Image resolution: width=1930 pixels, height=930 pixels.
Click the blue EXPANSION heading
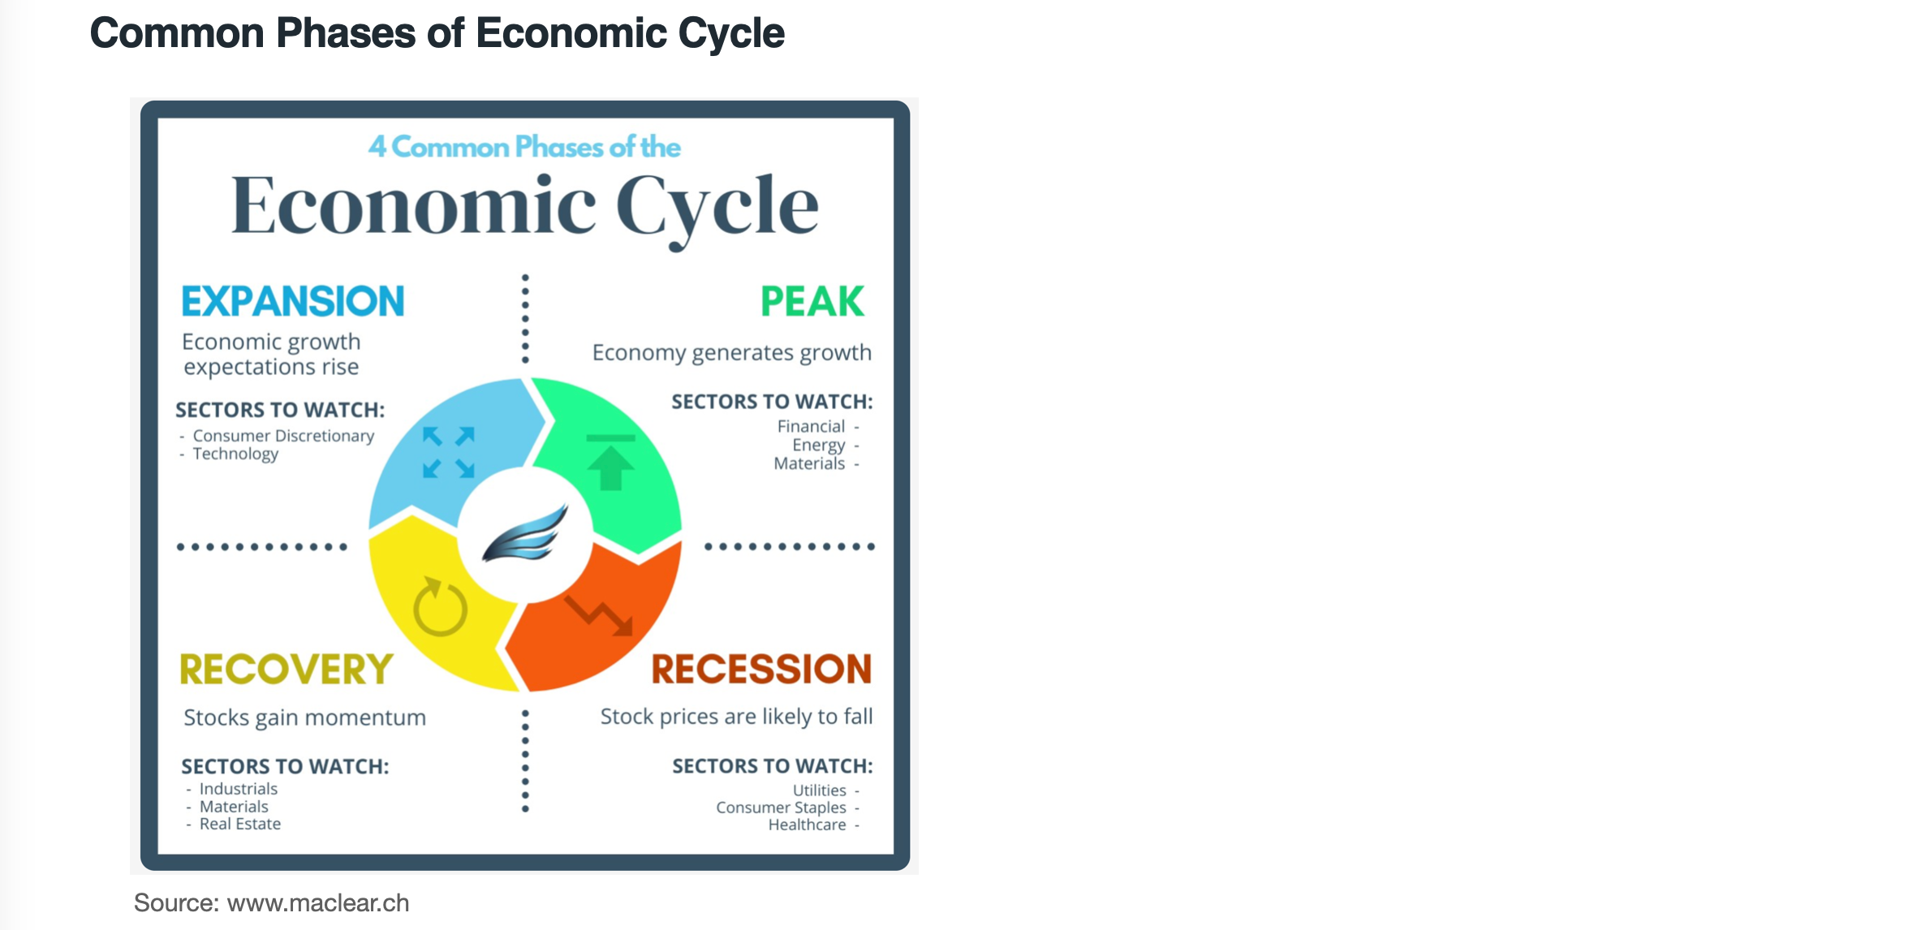click(293, 301)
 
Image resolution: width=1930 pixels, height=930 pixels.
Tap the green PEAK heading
click(812, 301)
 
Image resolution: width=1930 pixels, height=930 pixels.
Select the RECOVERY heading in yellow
click(286, 670)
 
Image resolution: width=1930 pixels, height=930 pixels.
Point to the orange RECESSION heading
click(761, 669)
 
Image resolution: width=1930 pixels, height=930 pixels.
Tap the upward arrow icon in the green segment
click(610, 462)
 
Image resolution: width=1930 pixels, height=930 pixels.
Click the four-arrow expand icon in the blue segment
click(449, 452)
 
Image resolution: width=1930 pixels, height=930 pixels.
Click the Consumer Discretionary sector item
click(283, 436)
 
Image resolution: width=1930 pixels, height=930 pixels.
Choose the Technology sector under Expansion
click(235, 454)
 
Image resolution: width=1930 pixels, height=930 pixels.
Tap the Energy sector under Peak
click(819, 445)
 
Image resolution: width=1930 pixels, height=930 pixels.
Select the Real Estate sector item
click(240, 824)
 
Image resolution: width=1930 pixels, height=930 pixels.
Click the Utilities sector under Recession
click(820, 790)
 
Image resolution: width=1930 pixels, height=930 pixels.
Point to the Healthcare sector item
click(808, 825)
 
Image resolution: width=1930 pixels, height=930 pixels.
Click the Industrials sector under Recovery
click(239, 789)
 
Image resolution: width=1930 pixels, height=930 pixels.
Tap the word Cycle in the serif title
click(717, 208)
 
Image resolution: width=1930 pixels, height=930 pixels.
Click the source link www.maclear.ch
click(318, 902)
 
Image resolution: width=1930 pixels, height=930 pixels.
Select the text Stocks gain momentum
click(304, 717)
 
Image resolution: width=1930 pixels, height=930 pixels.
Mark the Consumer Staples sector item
click(781, 807)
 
